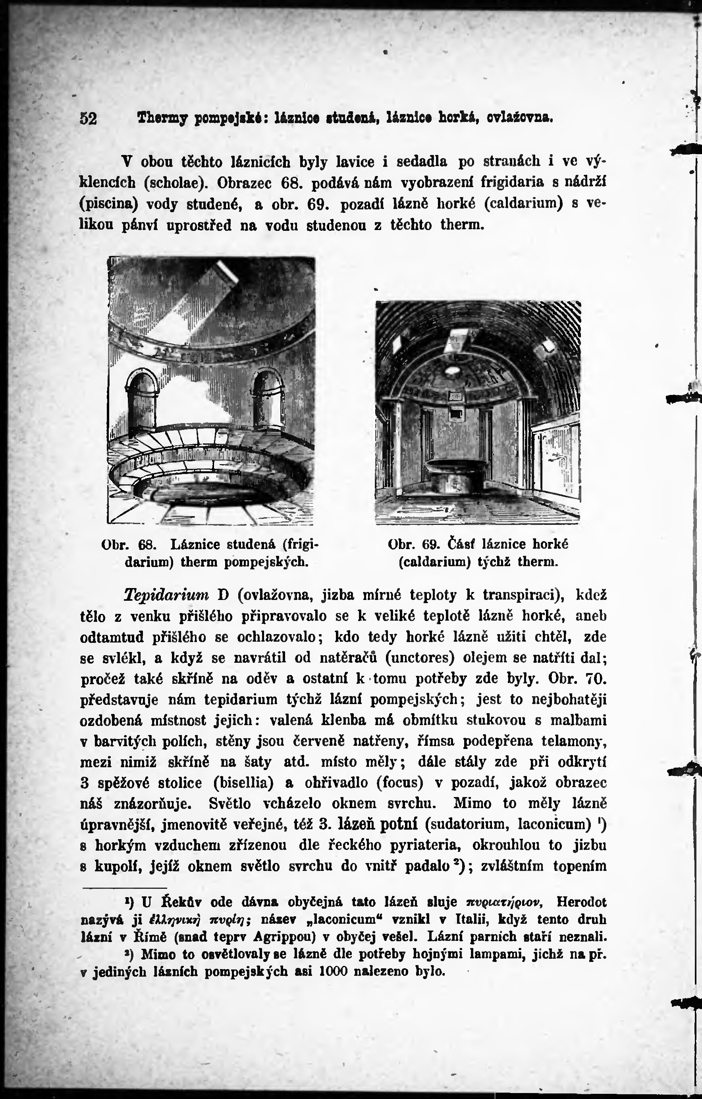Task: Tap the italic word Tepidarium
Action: pos(166,595)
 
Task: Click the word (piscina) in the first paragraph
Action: pos(108,203)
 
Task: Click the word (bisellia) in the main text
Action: pos(243,783)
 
